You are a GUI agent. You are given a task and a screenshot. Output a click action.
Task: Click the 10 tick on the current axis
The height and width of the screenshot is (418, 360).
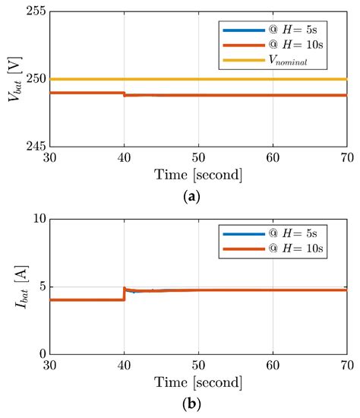coord(35,219)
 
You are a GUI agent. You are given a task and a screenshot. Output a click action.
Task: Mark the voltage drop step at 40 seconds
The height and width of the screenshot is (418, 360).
coord(124,94)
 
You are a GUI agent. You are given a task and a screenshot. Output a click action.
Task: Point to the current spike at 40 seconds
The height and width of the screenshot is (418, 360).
coord(125,290)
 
